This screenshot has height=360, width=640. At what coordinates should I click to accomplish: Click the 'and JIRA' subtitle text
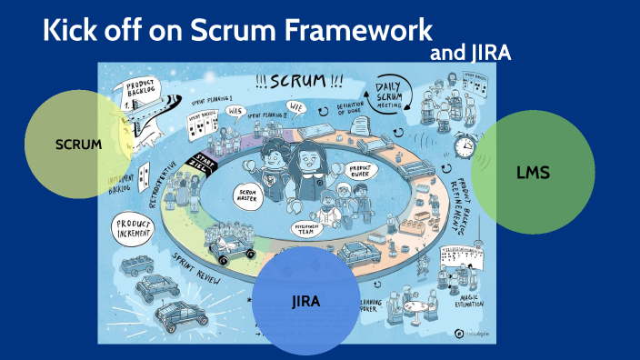469,53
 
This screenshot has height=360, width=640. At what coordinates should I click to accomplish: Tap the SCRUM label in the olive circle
78,145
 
